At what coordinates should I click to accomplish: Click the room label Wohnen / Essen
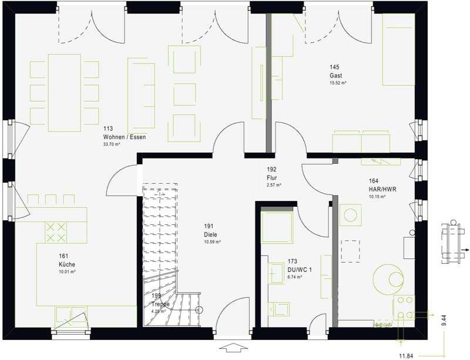(x=125, y=137)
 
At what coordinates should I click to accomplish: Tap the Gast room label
(x=335, y=76)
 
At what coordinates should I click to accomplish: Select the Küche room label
(x=66, y=264)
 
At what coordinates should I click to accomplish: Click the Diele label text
(x=210, y=235)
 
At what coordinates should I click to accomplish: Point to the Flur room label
(x=271, y=178)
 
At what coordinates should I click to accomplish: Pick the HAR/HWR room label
(x=377, y=190)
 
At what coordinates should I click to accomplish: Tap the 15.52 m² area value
(x=338, y=83)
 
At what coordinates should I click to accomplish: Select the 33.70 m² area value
(x=112, y=144)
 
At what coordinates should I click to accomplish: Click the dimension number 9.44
(x=444, y=320)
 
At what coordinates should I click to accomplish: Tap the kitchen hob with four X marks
(x=56, y=232)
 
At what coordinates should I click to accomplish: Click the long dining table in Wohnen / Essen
(x=65, y=92)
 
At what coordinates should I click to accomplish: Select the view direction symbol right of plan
(x=453, y=243)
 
